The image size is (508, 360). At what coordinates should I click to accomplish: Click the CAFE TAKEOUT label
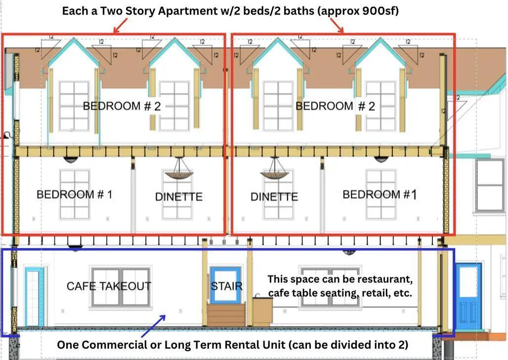click(x=109, y=286)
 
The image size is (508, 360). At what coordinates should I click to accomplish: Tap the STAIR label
click(x=226, y=286)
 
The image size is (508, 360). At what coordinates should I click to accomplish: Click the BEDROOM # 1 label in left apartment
click(x=75, y=194)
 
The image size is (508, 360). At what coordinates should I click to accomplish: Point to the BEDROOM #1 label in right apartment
click(x=380, y=194)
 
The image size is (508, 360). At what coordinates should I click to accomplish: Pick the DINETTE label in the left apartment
click(x=179, y=196)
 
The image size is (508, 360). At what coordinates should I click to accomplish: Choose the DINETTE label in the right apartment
click(x=274, y=196)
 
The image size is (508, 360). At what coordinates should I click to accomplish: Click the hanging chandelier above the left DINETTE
click(x=179, y=169)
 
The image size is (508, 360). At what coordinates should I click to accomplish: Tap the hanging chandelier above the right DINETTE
click(x=274, y=169)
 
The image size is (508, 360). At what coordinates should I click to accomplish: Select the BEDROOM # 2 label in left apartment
click(x=122, y=106)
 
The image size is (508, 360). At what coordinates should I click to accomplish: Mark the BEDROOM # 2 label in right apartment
click(x=336, y=106)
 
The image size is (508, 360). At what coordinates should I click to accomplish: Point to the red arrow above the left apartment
click(x=120, y=26)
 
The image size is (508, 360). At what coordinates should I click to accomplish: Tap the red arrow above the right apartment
click(x=337, y=26)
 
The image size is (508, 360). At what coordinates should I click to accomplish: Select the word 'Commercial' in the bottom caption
click(x=121, y=345)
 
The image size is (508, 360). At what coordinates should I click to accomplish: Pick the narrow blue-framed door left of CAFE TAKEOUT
click(x=34, y=296)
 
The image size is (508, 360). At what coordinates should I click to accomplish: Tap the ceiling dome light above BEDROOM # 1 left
click(x=70, y=160)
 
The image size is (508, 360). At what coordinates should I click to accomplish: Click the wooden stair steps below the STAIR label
click(x=226, y=315)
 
